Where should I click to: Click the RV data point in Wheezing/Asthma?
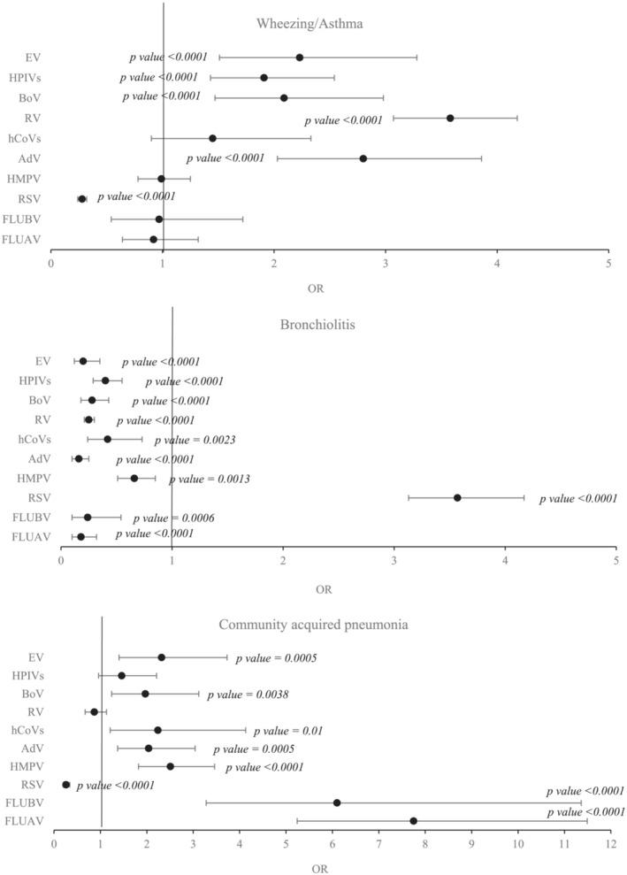coord(450,118)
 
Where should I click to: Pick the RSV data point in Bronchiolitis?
coord(457,497)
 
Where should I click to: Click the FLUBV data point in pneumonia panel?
coord(337,802)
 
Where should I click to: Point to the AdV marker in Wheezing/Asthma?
coord(363,158)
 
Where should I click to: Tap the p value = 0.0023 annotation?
coord(195,440)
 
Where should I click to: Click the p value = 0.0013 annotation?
coord(210,479)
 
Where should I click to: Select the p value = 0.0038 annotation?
coord(248,695)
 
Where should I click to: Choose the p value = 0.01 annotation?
coord(288,731)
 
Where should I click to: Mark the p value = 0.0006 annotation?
coord(173,518)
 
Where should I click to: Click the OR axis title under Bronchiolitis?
coord(325,588)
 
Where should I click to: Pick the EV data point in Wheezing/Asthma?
coord(300,58)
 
